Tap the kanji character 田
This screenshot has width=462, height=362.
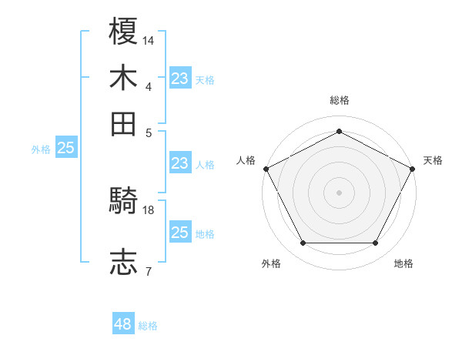tap(123, 123)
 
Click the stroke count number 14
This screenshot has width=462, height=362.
tap(149, 39)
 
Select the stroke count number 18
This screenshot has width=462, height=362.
tap(149, 209)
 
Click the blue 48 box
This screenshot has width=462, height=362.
tap(123, 324)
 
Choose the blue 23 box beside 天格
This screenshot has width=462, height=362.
tap(180, 78)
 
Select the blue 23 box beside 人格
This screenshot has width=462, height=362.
tap(180, 163)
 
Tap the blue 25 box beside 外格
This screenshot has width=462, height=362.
tap(66, 148)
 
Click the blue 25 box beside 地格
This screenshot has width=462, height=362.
tap(180, 232)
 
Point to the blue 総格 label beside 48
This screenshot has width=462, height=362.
tap(148, 326)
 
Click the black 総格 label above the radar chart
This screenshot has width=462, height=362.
tap(339, 100)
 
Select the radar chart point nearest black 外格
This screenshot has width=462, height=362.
tap(303, 243)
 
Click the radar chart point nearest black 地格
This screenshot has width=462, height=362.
tap(376, 243)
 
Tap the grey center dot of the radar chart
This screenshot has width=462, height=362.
tap(339, 192)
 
